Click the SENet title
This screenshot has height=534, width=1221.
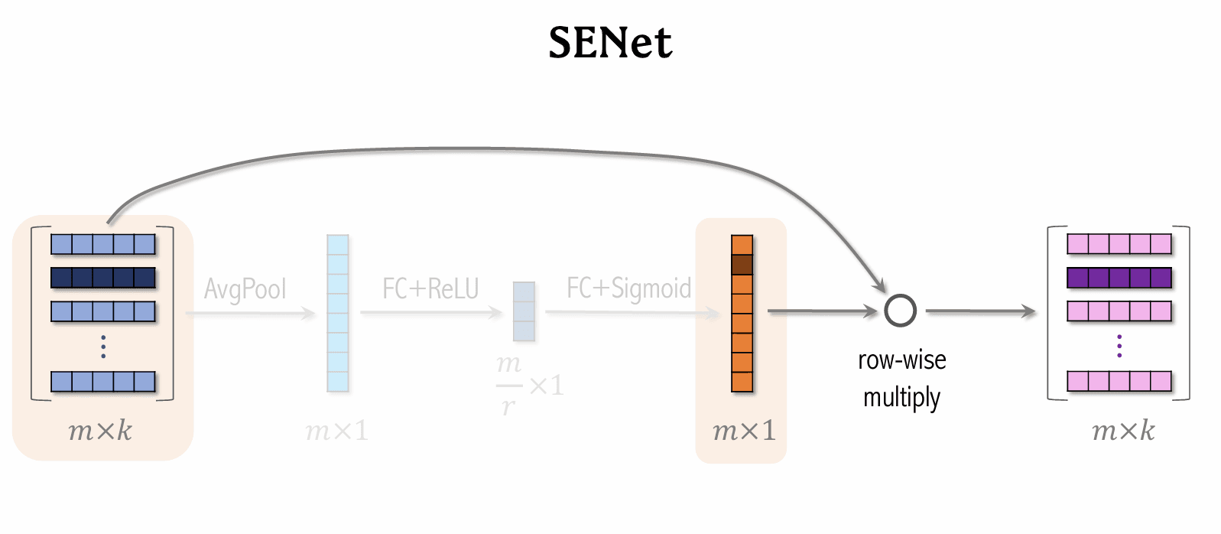pos(610,43)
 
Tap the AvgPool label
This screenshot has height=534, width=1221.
pos(245,289)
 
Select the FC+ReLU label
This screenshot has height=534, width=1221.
pos(430,288)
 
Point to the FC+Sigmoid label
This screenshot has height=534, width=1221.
pos(628,288)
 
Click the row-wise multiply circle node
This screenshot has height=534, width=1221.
pos(900,311)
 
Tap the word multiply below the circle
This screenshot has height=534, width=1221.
pos(901,398)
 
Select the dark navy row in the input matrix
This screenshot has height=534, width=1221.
pos(103,278)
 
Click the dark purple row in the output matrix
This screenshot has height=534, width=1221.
pos(1119,278)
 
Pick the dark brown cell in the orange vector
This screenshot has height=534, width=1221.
pos(742,265)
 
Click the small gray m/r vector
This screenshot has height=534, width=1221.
pos(524,311)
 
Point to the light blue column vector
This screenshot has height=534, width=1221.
pos(337,313)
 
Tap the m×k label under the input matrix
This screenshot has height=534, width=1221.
pos(100,431)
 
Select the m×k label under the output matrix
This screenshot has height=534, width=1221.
pos(1123,431)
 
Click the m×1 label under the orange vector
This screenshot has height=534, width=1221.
pos(743,431)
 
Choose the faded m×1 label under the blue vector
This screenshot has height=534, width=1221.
pos(336,431)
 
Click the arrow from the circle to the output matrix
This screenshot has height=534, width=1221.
pos(980,311)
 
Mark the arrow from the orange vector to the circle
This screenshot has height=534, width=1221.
pos(821,311)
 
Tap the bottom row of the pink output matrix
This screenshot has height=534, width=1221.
pos(1119,381)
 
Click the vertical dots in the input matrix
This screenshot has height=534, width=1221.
pos(103,347)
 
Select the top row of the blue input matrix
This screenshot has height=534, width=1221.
pos(103,244)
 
